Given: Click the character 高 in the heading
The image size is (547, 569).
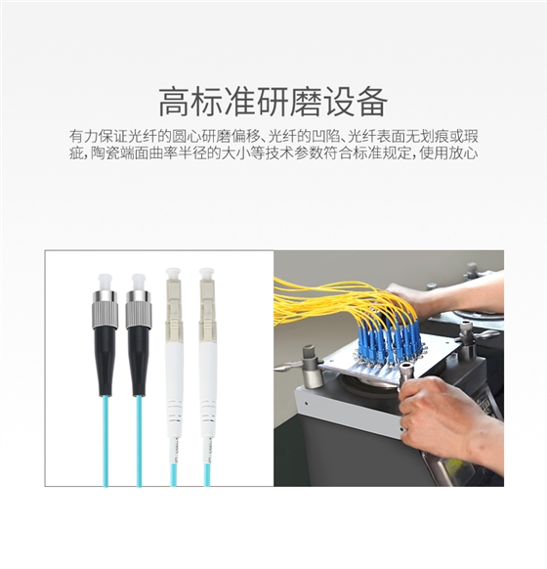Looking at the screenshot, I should [174, 101].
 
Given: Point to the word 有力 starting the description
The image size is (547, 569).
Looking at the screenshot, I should [82, 135].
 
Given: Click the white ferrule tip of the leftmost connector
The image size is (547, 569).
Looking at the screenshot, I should [103, 277].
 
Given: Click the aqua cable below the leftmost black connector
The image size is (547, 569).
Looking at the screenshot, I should [104, 440].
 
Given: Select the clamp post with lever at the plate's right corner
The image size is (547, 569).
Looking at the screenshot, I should [466, 338].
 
